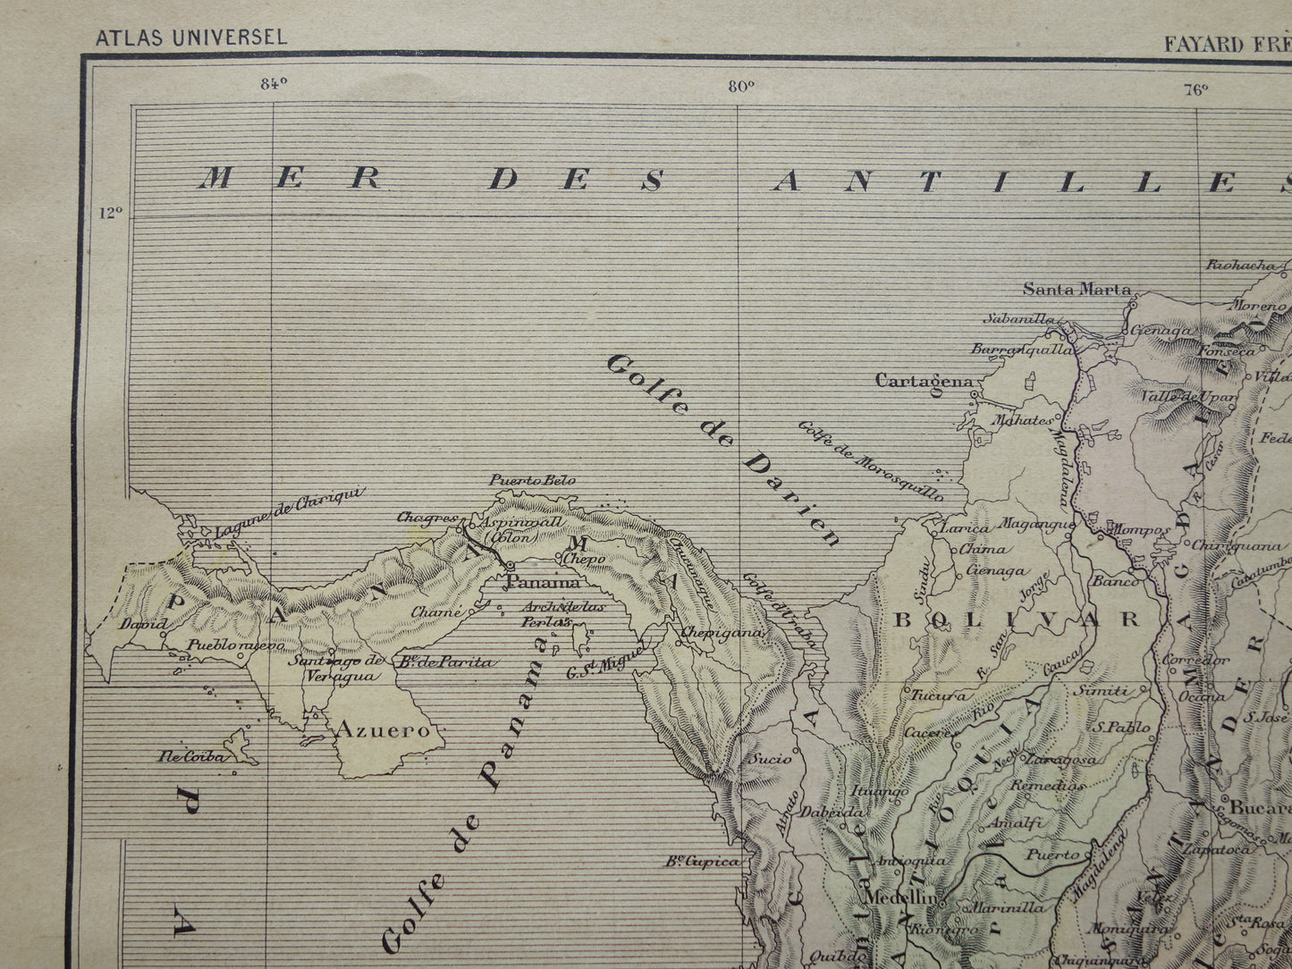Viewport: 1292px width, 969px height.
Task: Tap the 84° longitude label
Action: pos(273,85)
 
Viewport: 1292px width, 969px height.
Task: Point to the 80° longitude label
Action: pos(740,86)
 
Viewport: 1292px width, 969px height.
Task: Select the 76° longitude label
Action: pos(1196,88)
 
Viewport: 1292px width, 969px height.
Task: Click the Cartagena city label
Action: pos(923,381)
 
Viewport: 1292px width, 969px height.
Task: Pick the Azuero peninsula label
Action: pos(382,729)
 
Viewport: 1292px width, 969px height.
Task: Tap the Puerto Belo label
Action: pos(531,480)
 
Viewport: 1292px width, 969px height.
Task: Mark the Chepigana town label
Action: pos(723,632)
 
